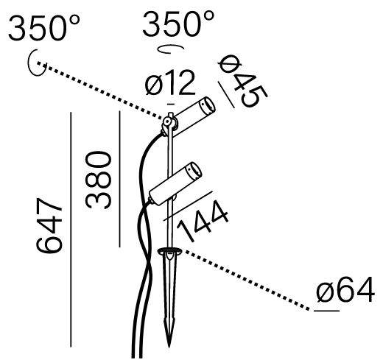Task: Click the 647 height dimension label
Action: pos(49,225)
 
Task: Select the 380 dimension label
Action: pos(98,180)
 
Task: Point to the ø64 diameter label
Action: pos(345,289)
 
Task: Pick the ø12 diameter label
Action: pos(170,82)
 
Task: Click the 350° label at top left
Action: pos(44,28)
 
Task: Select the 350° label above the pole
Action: pos(178,24)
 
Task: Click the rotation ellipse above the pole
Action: pos(170,49)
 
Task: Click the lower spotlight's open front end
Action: pos(194,170)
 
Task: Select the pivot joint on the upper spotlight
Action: pos(167,121)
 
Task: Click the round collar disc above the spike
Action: pos(169,251)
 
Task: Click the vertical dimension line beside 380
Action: pos(119,179)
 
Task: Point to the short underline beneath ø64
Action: pos(326,311)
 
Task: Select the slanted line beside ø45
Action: pos(226,95)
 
